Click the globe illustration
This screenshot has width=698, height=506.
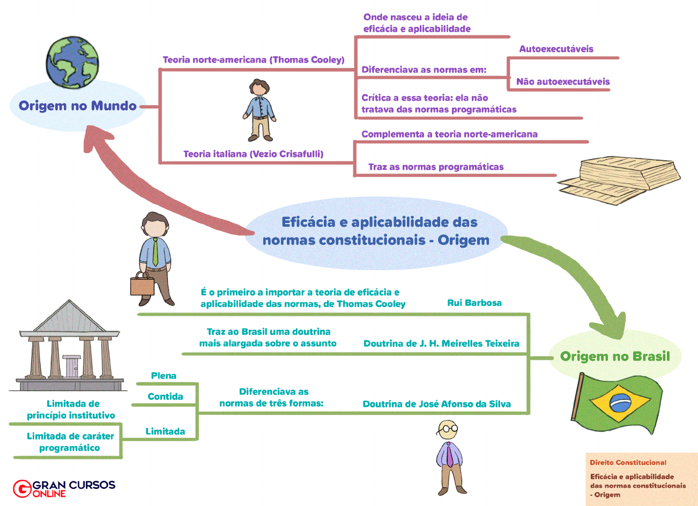coord(72,62)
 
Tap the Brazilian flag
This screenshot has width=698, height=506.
coord(617,403)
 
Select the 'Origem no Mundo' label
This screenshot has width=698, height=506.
coord(78,106)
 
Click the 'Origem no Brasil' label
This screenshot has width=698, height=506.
coord(615,356)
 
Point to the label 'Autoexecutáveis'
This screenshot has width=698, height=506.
coord(556,49)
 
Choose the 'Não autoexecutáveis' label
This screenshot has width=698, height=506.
coord(563,81)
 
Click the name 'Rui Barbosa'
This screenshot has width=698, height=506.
coord(474,303)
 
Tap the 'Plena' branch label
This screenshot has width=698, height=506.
coord(164,376)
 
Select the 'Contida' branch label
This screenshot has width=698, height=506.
coord(165,397)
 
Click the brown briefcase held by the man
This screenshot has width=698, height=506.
coord(142,284)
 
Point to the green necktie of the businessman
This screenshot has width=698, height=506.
coord(155,252)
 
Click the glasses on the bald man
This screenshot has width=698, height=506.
coord(447,429)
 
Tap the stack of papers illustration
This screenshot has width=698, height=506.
coord(619,180)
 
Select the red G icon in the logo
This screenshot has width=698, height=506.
coord(22,488)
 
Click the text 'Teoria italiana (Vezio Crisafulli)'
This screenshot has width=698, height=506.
coord(254,154)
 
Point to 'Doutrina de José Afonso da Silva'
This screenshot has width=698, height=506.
coord(436,404)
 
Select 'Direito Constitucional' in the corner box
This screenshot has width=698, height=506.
coord(628,463)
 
